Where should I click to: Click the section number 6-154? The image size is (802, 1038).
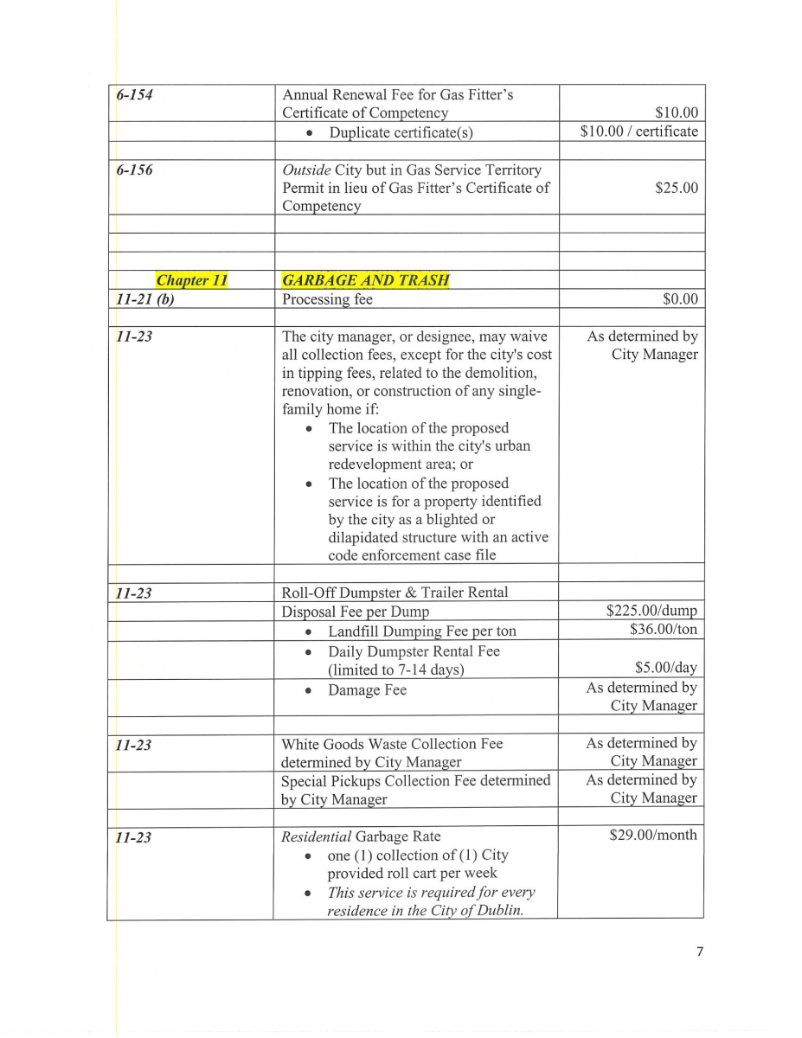(x=134, y=95)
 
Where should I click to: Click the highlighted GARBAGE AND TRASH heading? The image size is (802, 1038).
(x=365, y=280)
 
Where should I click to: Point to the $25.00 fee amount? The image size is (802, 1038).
(x=677, y=188)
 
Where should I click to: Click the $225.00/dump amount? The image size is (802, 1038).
(x=651, y=612)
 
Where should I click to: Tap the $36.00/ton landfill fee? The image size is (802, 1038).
(x=664, y=630)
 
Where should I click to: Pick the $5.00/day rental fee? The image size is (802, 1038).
(x=666, y=668)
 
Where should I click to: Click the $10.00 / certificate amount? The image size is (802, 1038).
(x=638, y=131)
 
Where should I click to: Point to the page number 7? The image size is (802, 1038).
(x=700, y=952)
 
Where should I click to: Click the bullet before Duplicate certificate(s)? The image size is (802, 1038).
(x=309, y=133)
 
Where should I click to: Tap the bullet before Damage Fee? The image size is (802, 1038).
(x=309, y=691)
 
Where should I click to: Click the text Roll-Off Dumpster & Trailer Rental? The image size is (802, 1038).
(x=395, y=593)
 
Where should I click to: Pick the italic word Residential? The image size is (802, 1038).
(x=317, y=836)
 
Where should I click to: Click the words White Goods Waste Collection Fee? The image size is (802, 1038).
(x=391, y=744)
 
